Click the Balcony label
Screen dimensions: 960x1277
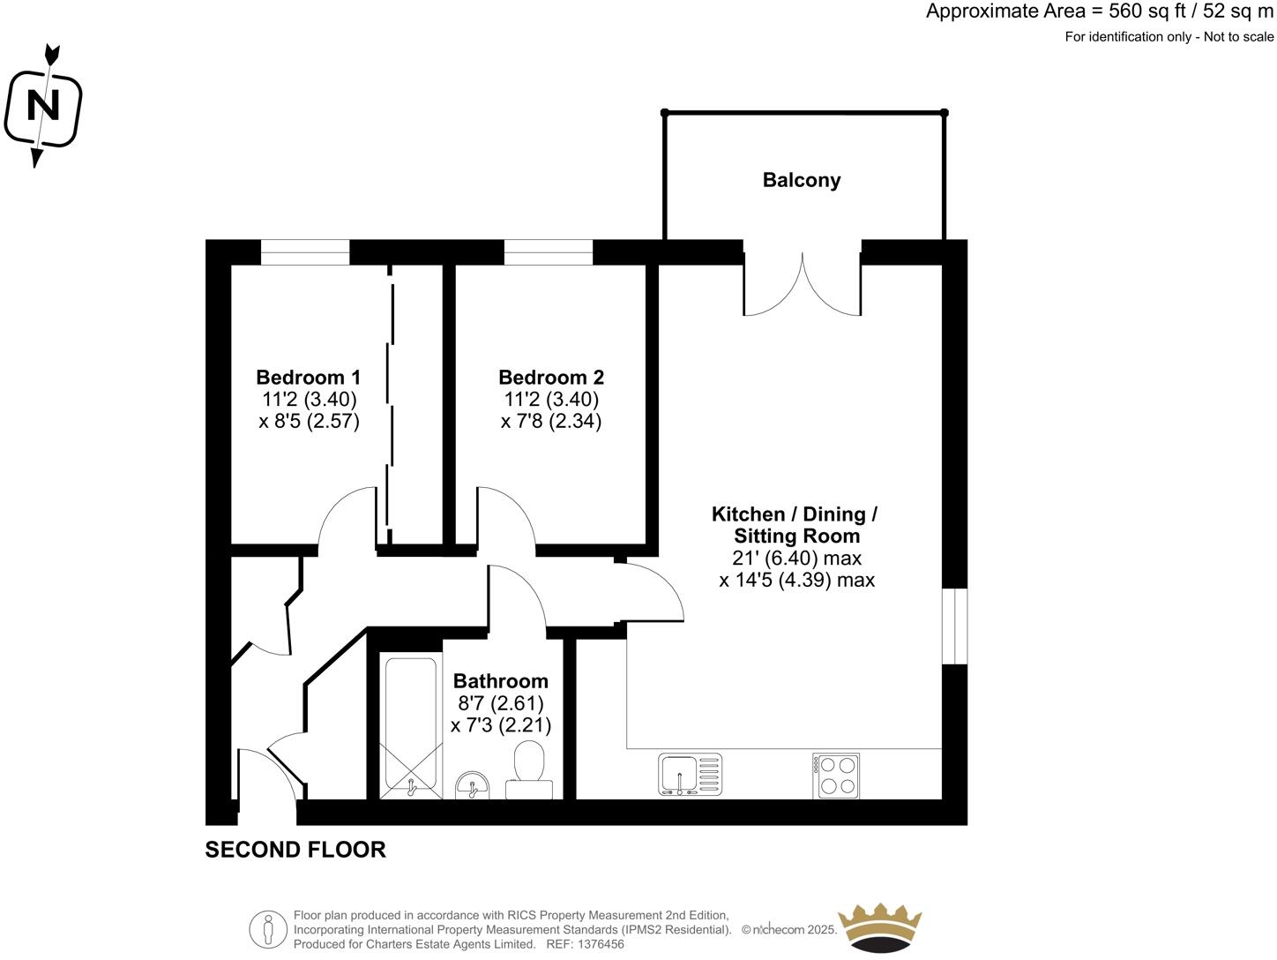pos(801,180)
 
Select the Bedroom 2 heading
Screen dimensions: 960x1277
pos(551,377)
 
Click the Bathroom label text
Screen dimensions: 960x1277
pos(500,681)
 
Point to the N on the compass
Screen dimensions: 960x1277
pos(42,106)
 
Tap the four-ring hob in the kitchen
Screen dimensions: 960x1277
pos(836,776)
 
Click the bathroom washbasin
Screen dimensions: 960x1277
pos(474,784)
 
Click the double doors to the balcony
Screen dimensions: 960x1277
pos(802,282)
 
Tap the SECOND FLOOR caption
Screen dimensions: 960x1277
pos(295,850)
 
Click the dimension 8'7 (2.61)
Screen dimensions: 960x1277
pos(500,703)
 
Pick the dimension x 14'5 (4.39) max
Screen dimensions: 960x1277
pos(796,580)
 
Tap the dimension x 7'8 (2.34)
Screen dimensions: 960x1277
pos(551,421)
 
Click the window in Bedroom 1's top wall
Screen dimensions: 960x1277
pos(305,252)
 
